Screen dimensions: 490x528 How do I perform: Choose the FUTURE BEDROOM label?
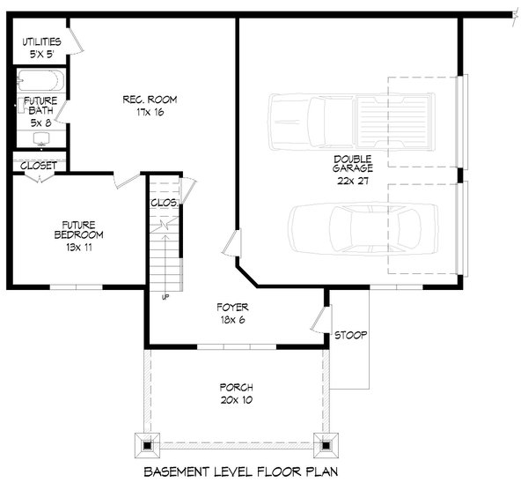(x=77, y=229)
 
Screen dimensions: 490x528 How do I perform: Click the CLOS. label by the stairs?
(x=164, y=203)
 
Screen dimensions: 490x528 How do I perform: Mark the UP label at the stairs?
(x=165, y=296)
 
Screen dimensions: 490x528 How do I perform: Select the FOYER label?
(x=233, y=308)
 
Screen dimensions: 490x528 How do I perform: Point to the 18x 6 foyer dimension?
(x=233, y=321)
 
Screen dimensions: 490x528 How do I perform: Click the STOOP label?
(x=350, y=336)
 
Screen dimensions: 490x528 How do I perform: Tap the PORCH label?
(x=237, y=388)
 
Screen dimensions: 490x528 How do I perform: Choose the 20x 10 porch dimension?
(x=237, y=402)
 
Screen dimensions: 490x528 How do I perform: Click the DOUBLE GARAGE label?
(x=353, y=162)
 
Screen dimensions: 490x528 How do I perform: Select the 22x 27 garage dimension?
(x=353, y=180)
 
